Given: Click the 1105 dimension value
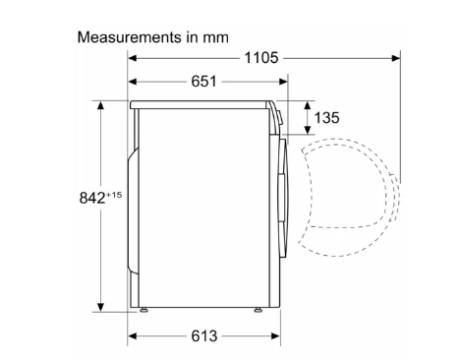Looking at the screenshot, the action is point(261,58).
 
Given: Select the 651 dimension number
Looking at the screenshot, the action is point(203,82).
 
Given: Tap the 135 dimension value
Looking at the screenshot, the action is point(326,118).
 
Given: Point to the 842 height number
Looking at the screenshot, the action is point(92,198).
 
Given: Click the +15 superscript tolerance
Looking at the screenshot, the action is point(114,195).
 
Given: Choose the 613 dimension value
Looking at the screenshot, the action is point(203,336).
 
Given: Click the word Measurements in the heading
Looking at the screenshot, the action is point(130,37).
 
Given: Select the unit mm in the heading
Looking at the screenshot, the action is point(215,38).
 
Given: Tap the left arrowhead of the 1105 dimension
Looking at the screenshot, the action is point(132,58).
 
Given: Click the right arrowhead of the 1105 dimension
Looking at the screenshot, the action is point(396,58).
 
